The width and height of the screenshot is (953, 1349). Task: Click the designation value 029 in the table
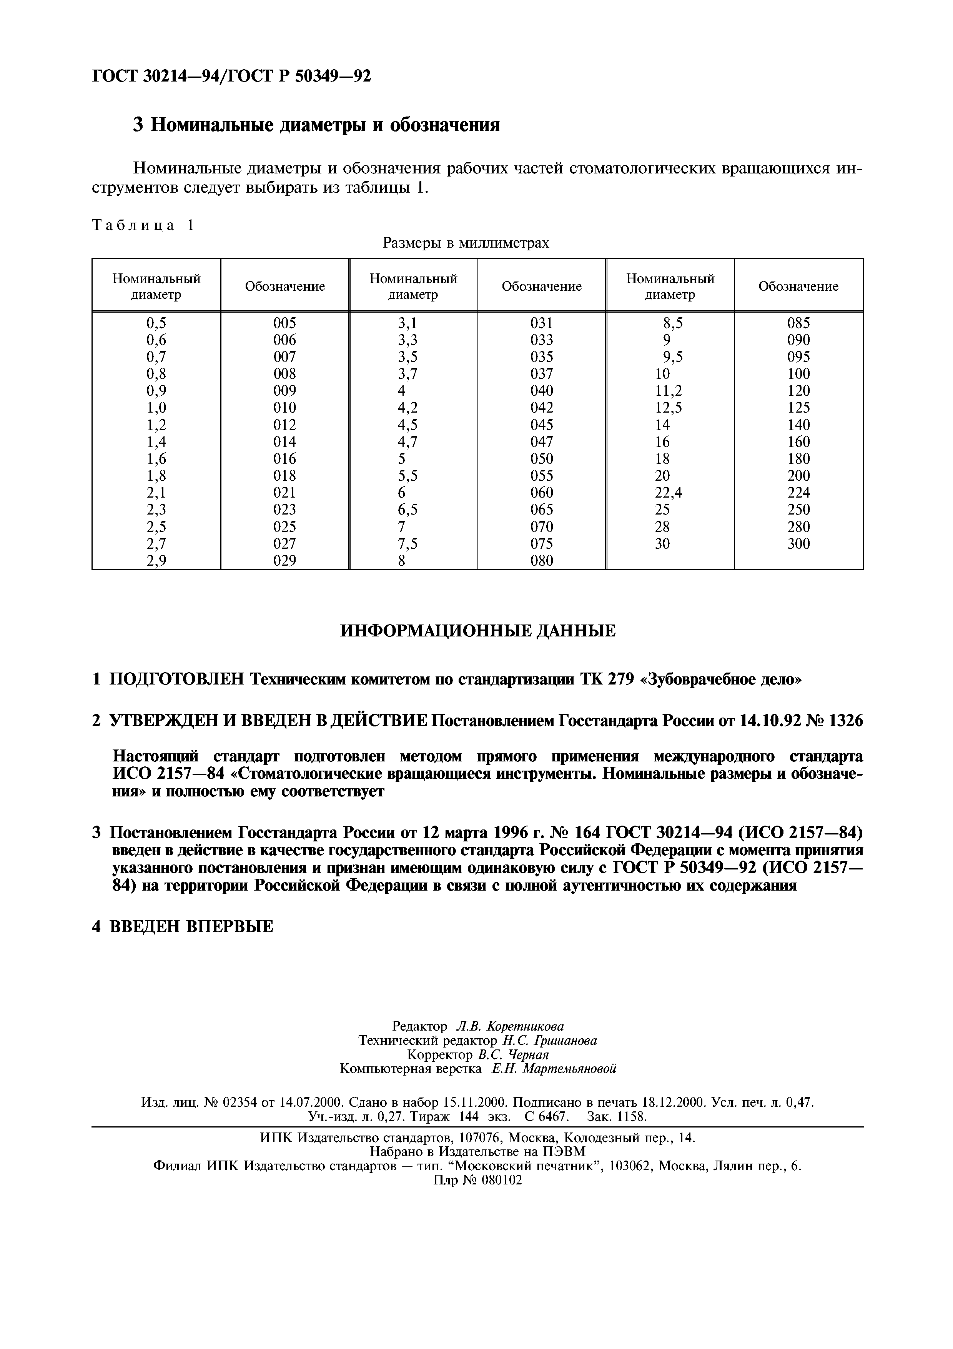pyautogui.click(x=285, y=561)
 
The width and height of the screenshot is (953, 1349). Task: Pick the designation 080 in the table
pyautogui.click(x=541, y=561)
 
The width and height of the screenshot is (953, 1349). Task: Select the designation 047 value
pyautogui.click(x=541, y=442)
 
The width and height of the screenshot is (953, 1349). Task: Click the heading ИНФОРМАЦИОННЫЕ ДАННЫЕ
pyautogui.click(x=478, y=631)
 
